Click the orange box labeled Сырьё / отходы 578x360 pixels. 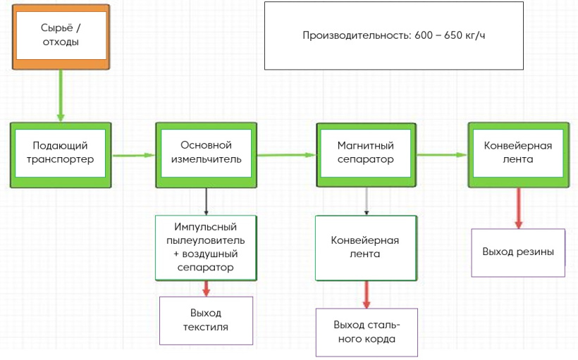pos(61,37)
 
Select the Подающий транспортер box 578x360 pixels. pos(61,155)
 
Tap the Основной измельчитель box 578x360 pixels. pos(206,155)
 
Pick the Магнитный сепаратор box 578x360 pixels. pos(366,155)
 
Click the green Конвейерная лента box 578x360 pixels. pos(519,155)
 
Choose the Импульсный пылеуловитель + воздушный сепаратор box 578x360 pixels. pos(206,248)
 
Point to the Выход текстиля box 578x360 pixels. pos(206,321)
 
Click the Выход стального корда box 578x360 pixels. pos(367,333)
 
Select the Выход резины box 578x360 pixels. pos(518,253)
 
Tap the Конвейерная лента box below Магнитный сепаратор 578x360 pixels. pos(366,248)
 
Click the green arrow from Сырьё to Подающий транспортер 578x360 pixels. pos(61,95)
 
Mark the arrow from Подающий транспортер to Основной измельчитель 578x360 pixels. pos(133,156)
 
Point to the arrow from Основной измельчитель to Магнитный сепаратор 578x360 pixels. pos(286,155)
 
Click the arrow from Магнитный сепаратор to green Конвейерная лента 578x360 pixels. pos(443,155)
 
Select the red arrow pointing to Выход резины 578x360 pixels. pos(519,209)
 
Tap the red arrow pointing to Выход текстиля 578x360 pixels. pos(206,289)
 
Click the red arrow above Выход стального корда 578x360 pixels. pos(367,294)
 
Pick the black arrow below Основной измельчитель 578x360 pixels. pos(206,201)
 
